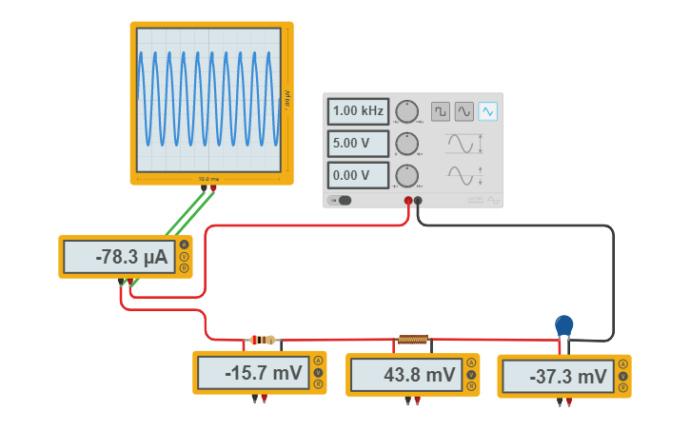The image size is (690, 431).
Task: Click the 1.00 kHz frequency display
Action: pos(358,111)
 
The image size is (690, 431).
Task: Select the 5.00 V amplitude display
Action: pos(358,144)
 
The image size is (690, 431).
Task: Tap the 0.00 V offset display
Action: pos(358,175)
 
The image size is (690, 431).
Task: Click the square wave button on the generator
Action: pos(440,111)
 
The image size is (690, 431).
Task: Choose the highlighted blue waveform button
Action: pos(487,111)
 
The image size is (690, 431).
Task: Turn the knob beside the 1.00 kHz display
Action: pos(406,111)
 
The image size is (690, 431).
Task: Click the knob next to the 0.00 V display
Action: pos(406,175)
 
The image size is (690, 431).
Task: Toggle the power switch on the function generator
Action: pos(341,200)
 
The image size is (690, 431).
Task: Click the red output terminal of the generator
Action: pos(408,201)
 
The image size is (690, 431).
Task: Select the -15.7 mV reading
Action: pos(253,373)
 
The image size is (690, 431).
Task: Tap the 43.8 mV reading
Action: pos(406,375)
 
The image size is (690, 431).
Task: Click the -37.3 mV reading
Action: pos(558,377)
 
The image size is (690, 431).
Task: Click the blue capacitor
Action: pos(564,324)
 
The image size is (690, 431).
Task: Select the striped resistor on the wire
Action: pos(262,340)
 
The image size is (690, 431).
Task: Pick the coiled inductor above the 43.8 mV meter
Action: pos(413,339)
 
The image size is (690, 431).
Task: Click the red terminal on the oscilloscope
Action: pos(212,188)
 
